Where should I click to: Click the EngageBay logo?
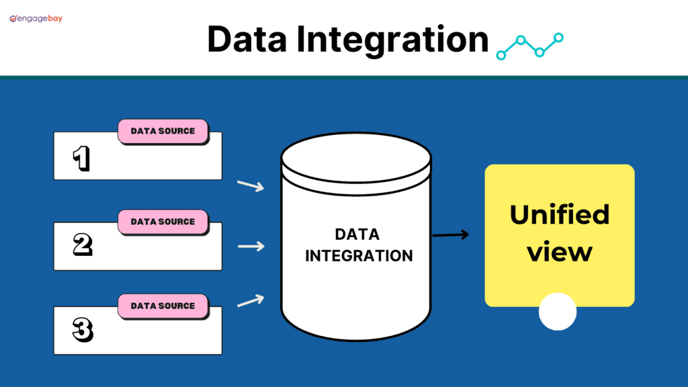36,19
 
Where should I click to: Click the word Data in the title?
248,39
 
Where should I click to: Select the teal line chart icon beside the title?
529,45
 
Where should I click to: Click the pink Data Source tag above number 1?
163,131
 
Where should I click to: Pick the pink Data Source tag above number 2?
163,222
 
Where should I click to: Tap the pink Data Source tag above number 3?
163,306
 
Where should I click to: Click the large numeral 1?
81,159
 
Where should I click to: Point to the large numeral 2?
82,245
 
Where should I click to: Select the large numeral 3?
82,330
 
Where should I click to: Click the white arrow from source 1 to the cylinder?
251,185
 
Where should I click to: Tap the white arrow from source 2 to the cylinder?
251,247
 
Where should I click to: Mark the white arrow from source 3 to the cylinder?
251,300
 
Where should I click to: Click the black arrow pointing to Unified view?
450,235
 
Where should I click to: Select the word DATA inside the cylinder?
357,234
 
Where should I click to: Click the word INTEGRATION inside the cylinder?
358,256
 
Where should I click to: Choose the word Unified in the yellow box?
559,215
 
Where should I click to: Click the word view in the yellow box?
559,253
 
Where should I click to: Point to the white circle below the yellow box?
558,312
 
